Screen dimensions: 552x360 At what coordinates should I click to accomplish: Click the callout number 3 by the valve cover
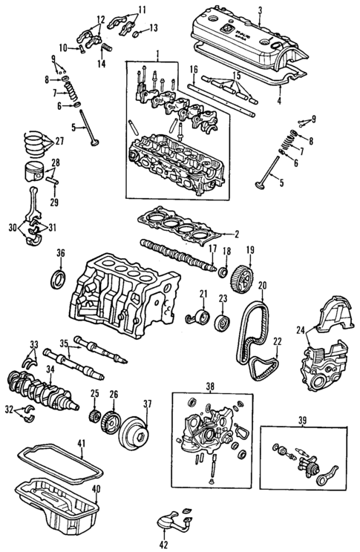tap(261, 10)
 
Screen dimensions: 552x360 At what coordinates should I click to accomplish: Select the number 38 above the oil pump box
tap(209, 387)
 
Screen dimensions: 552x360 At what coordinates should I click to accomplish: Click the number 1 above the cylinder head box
tap(157, 55)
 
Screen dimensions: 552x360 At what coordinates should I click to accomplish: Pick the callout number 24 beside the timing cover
tap(300, 331)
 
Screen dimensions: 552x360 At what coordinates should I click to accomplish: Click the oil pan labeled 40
tap(56, 508)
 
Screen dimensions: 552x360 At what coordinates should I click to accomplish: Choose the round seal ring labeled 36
tap(58, 281)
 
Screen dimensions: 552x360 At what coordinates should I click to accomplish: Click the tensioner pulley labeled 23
tap(220, 323)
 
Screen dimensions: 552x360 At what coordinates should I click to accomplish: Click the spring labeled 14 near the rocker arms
tap(104, 48)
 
